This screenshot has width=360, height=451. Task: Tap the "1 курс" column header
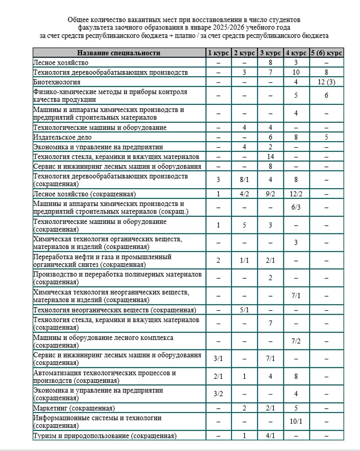[218, 53]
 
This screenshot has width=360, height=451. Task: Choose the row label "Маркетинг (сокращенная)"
[74, 408]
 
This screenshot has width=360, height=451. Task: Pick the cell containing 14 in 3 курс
[270, 156]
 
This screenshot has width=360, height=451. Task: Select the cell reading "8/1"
[244, 179]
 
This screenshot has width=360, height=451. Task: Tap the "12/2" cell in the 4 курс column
[296, 193]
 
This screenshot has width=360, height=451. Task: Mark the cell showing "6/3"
[296, 207]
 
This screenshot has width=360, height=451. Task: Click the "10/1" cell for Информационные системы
[296, 421]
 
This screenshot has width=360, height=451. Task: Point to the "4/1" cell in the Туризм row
[270, 435]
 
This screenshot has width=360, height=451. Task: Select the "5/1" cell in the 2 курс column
[244, 309]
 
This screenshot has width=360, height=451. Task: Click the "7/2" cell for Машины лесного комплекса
[296, 341]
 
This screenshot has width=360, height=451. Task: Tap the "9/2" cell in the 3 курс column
[270, 193]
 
